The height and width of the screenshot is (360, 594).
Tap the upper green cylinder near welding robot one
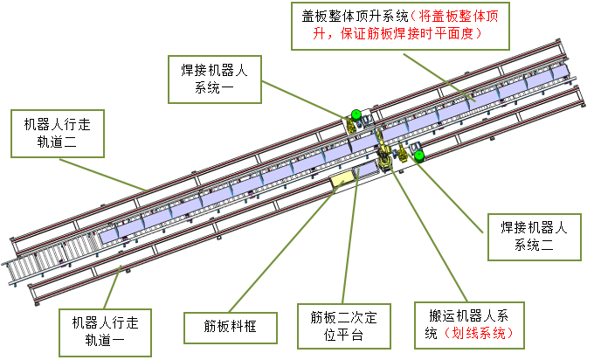pos(356,114)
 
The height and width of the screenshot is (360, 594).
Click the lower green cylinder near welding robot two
pos(419,156)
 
